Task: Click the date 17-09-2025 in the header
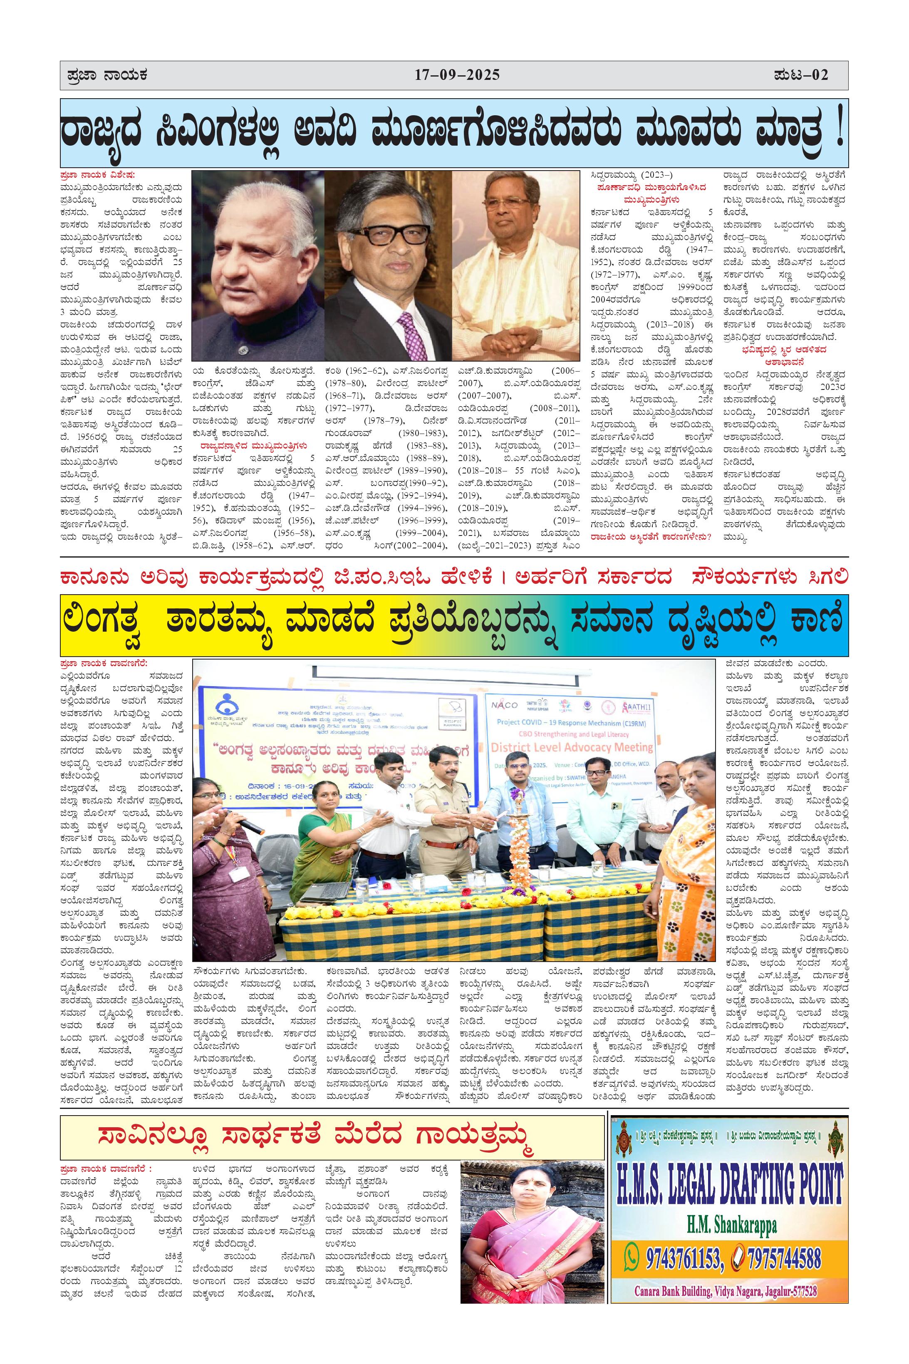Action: pyautogui.click(x=457, y=75)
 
